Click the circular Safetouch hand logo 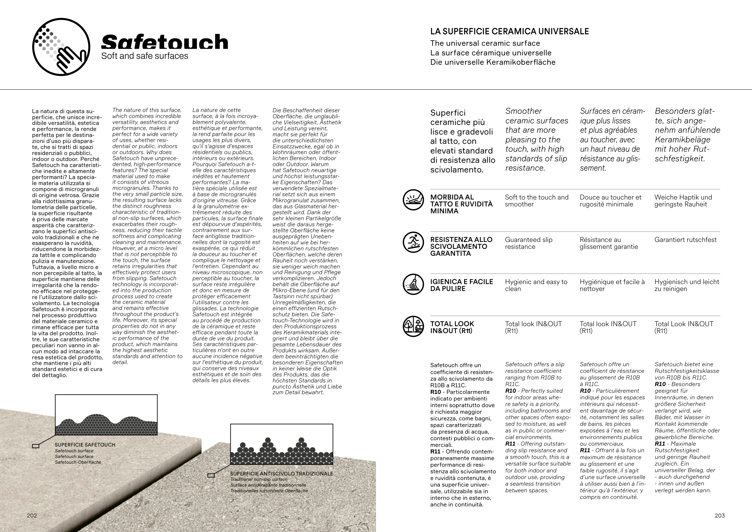61,47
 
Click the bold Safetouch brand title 165,42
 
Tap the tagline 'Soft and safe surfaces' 144,56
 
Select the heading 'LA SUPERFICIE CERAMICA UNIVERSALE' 509,32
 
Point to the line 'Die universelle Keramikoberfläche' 493,62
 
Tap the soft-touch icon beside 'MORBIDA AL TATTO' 413,199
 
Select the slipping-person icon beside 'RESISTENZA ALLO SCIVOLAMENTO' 413,242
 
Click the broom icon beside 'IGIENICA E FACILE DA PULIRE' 413,284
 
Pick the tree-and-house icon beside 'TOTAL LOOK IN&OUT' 413,326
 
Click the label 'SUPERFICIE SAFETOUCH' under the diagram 85,445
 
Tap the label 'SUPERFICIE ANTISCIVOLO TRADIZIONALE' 281,474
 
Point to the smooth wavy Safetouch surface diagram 106,415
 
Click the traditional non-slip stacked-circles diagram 282,444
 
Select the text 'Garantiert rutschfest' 685,240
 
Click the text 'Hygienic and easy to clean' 536,285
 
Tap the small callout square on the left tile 36,446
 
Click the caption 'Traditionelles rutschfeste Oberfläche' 269,491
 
